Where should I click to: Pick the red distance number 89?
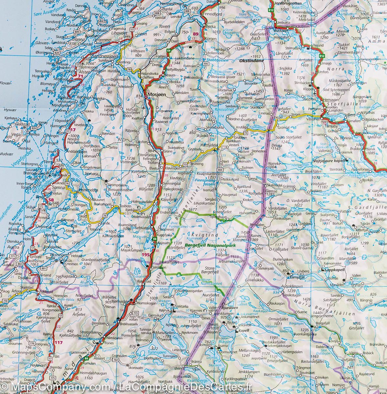(196, 34)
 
